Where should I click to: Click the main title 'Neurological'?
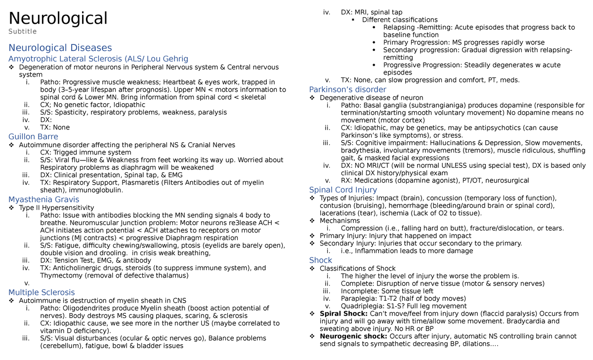[58, 18]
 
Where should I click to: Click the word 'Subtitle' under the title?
[22, 32]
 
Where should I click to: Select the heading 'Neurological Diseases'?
[60, 48]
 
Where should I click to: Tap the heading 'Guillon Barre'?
[33, 136]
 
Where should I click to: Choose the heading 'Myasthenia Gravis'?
[43, 200]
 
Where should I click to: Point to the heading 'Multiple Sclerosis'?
[42, 292]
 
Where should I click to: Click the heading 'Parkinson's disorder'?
[347, 89]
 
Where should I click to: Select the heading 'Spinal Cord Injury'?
[343, 190]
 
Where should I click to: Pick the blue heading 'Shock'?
[320, 260]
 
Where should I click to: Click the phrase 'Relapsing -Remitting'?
[417, 27]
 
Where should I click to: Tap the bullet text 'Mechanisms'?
[339, 221]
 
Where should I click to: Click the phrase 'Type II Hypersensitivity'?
[56, 207]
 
